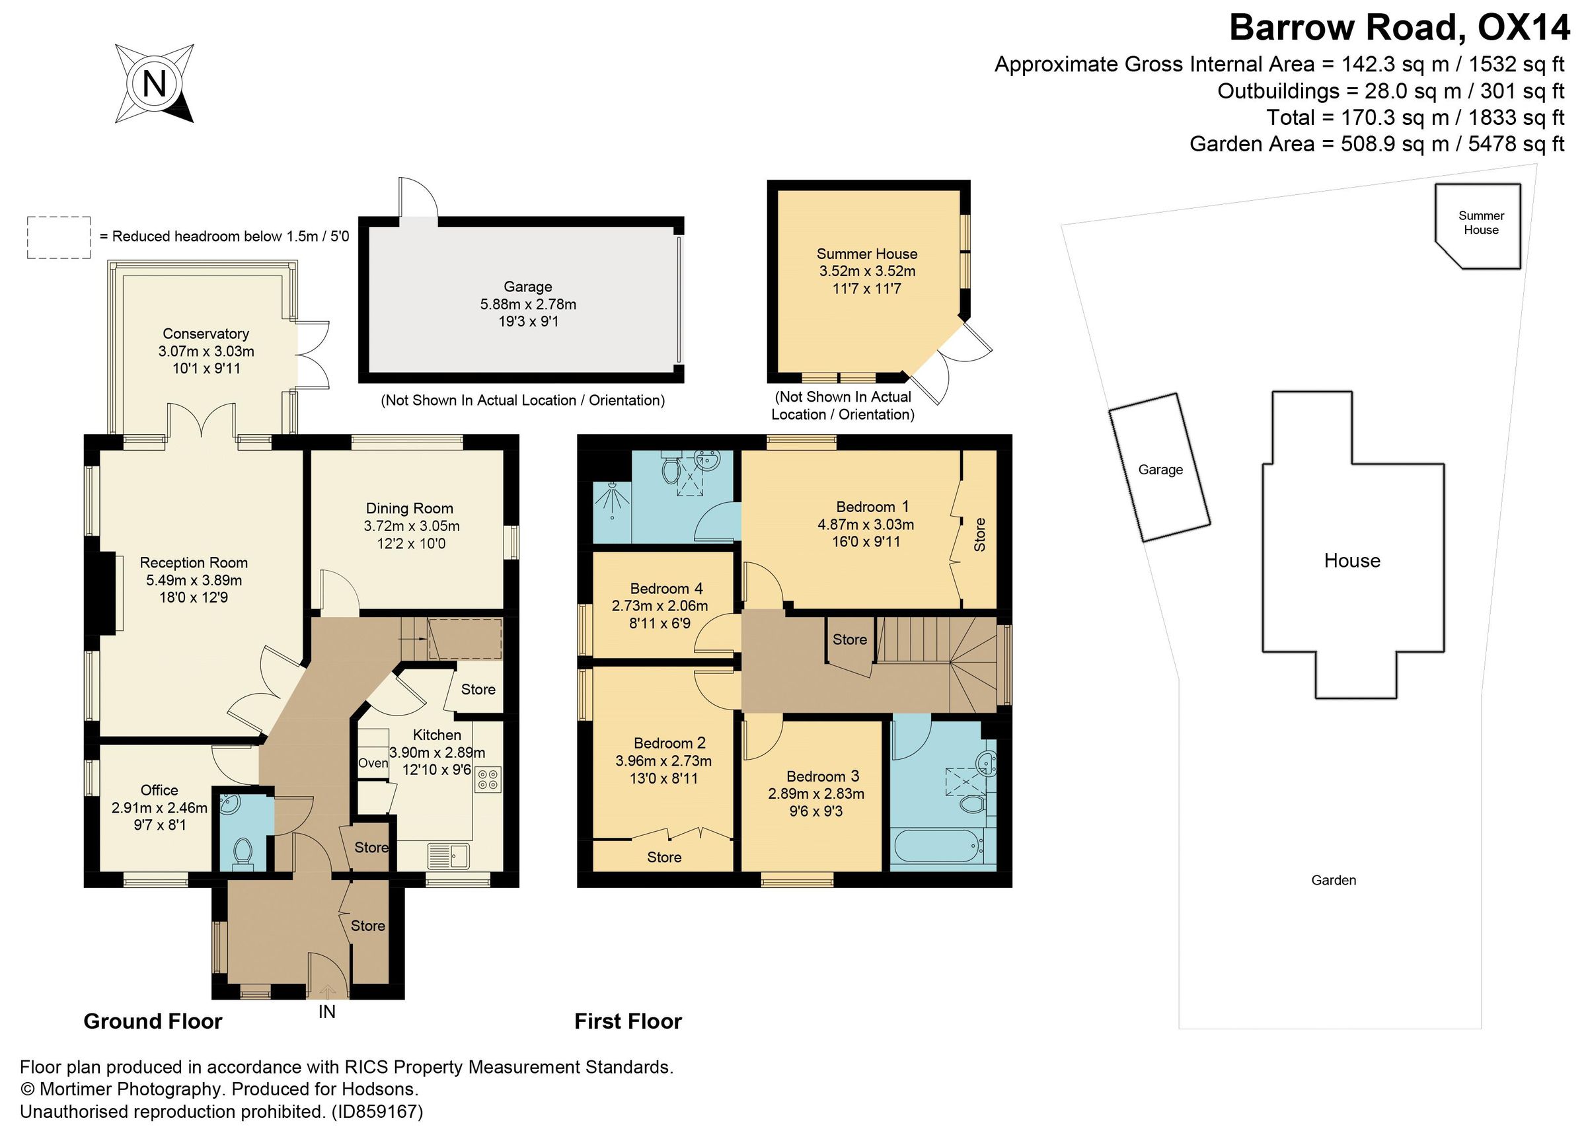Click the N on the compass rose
(154, 84)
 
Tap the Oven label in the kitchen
(373, 763)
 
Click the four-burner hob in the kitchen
(488, 780)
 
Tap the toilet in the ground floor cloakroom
(243, 852)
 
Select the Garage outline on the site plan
(1159, 468)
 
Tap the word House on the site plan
(1352, 560)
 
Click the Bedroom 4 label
(665, 589)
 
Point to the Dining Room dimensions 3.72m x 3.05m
(411, 526)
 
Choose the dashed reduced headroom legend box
(59, 238)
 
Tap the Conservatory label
(206, 334)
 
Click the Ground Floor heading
(153, 1021)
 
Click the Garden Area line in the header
(1377, 144)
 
